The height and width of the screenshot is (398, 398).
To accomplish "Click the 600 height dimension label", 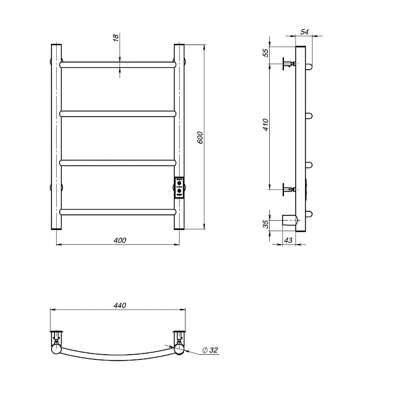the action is (200, 138).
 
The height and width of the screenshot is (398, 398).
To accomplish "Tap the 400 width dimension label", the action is (120, 240).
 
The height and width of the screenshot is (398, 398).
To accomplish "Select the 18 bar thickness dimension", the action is (116, 38).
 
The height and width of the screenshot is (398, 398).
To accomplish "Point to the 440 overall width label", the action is (119, 305).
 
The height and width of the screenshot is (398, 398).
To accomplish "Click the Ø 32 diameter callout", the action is (210, 350).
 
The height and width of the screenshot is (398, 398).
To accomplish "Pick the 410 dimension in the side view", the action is (266, 125).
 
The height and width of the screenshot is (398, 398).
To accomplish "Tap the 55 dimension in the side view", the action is (266, 52).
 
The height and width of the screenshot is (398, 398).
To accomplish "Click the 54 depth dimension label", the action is (304, 32).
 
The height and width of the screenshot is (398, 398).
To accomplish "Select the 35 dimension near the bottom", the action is (266, 224).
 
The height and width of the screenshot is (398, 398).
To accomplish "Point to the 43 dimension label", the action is (288, 240).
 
